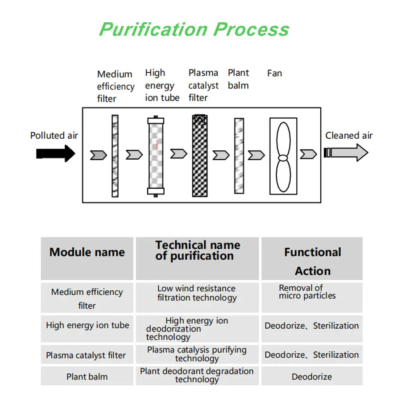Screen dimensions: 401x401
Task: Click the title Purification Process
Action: point(194,29)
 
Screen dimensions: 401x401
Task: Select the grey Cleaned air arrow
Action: point(346,153)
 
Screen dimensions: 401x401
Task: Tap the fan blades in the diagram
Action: point(283,157)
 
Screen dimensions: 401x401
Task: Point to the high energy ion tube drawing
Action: point(155,157)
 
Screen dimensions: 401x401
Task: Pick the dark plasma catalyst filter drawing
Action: point(200,156)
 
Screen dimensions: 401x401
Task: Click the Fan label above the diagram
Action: point(274,73)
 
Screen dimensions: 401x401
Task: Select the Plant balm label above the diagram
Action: point(238,79)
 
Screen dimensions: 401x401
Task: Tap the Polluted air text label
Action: point(54,135)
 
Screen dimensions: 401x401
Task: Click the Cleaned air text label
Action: point(349,136)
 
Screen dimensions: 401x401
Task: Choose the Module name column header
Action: point(87,252)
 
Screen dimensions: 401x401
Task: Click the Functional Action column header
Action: point(312,261)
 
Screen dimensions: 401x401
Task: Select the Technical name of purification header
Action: point(197,251)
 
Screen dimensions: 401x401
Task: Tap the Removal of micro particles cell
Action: point(307,292)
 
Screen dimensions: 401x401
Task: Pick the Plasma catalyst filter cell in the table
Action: point(86,356)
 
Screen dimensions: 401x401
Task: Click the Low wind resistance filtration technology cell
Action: point(197,293)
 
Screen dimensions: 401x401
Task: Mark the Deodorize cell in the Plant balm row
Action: point(312,377)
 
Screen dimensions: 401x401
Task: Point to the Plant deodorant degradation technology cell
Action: point(197,375)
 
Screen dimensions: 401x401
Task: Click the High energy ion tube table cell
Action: point(87,325)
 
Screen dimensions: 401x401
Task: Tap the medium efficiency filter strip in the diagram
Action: point(115,156)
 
